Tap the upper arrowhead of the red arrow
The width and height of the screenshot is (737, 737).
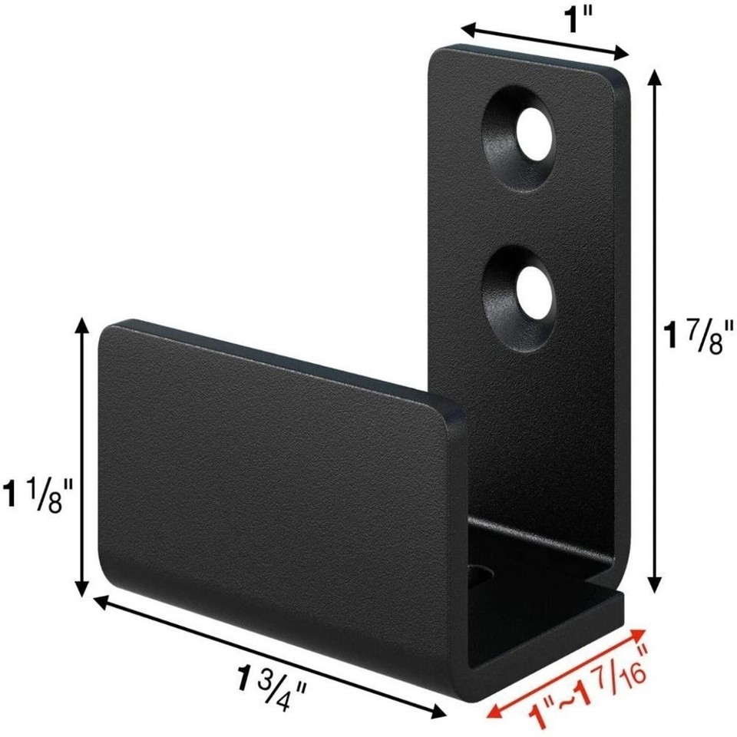(639, 631)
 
